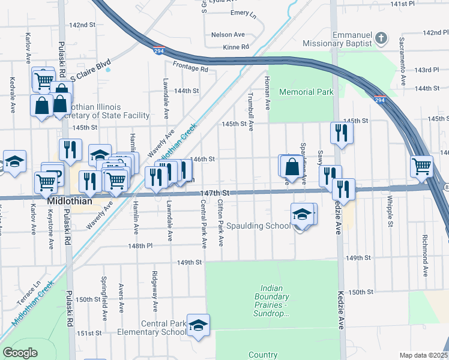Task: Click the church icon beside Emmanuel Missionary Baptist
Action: click(x=380, y=39)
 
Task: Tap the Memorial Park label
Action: click(x=306, y=92)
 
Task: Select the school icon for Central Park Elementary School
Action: click(x=197, y=325)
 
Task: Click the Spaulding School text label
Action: click(x=266, y=226)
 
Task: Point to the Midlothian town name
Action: click(x=70, y=202)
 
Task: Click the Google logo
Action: click(x=20, y=353)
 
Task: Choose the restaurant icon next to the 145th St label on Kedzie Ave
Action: click(x=341, y=133)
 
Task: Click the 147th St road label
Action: click(x=215, y=193)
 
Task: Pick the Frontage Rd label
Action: click(x=190, y=69)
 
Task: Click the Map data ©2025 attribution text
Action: click(x=423, y=355)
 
